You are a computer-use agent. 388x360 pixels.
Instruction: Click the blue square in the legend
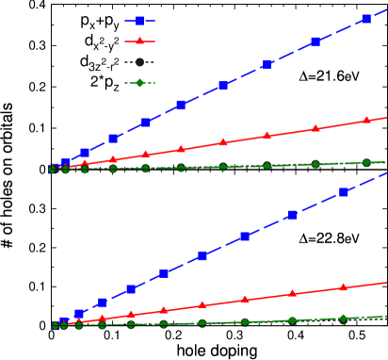(x=139, y=21)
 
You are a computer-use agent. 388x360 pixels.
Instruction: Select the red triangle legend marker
(x=139, y=41)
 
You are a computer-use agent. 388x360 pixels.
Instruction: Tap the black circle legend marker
(x=139, y=62)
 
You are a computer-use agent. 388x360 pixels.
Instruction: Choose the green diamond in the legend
(x=139, y=83)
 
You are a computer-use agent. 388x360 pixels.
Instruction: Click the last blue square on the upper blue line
(x=365, y=19)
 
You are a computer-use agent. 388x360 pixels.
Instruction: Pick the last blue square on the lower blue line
(x=344, y=192)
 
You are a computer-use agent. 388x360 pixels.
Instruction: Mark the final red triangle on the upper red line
(x=367, y=121)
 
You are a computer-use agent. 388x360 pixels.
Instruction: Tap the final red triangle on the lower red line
(x=343, y=286)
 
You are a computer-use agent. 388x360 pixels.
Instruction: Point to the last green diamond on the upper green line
(x=366, y=162)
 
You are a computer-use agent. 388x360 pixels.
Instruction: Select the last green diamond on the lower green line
(x=343, y=319)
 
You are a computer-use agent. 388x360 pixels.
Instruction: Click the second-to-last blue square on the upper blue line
(x=315, y=41)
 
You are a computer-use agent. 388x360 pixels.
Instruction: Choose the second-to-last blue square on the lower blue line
(x=293, y=215)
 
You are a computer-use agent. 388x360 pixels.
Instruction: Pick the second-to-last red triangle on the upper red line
(x=315, y=128)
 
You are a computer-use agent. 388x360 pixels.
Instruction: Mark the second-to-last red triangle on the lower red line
(x=293, y=293)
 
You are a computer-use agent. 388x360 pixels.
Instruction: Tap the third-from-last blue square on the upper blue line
(x=267, y=65)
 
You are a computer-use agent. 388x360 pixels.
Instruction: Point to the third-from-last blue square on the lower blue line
(x=245, y=237)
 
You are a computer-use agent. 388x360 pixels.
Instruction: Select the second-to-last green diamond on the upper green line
(x=315, y=164)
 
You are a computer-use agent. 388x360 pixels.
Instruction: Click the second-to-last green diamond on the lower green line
(x=293, y=320)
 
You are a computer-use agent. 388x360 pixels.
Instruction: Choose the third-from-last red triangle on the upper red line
(x=267, y=136)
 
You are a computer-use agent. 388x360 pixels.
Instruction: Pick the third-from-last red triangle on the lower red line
(x=245, y=300)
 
